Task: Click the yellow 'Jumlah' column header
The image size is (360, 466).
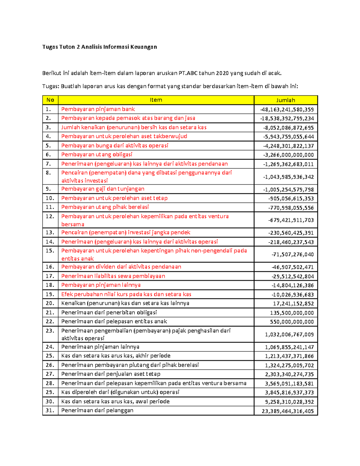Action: pos(285,100)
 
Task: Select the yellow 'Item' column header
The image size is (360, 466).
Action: pos(156,100)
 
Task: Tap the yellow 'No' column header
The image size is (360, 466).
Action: pos(50,100)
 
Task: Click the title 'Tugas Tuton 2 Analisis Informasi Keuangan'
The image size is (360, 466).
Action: pos(99,47)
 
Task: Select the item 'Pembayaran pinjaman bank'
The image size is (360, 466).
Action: pos(98,109)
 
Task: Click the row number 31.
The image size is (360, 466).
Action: pos(50,410)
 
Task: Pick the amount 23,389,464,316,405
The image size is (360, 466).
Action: pos(287,411)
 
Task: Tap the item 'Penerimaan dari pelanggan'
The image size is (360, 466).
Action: pos(97,410)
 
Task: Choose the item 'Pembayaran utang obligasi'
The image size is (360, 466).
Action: pos(97,155)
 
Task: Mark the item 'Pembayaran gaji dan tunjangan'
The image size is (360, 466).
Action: pos(103,189)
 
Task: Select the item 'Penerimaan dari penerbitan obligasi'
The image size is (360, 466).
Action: pos(109,312)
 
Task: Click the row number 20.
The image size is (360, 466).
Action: pos(50,303)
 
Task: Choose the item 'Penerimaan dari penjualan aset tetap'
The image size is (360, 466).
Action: pos(111,374)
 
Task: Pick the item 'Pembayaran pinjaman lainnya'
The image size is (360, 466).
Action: pos(101,285)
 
